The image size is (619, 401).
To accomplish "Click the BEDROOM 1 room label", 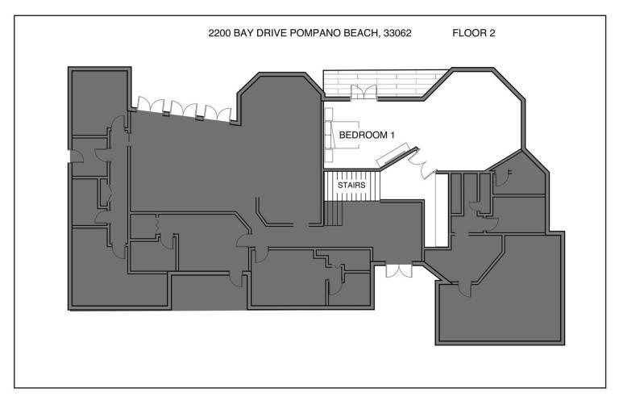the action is pyautogui.click(x=367, y=135).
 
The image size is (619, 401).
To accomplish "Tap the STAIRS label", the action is pyautogui.click(x=351, y=185).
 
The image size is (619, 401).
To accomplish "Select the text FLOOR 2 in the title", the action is pyautogui.click(x=474, y=33).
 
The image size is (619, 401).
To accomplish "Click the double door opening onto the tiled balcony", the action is pyautogui.click(x=364, y=92).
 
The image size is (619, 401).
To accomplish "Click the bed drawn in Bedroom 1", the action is pyautogui.click(x=342, y=135).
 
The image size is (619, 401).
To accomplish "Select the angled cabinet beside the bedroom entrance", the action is pyautogui.click(x=393, y=156).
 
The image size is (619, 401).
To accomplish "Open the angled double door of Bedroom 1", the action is pyautogui.click(x=422, y=164).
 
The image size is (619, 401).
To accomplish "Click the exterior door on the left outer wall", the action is pyautogui.click(x=77, y=156).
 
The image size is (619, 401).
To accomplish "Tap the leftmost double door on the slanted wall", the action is pyautogui.click(x=151, y=107).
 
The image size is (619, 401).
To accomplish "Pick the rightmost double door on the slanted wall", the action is pyautogui.click(x=218, y=113).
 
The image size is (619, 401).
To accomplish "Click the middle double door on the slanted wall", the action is pyautogui.click(x=184, y=110).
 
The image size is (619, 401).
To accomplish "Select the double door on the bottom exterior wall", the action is pyautogui.click(x=399, y=270).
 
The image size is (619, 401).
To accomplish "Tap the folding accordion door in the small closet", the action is pyautogui.click(x=157, y=225).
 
